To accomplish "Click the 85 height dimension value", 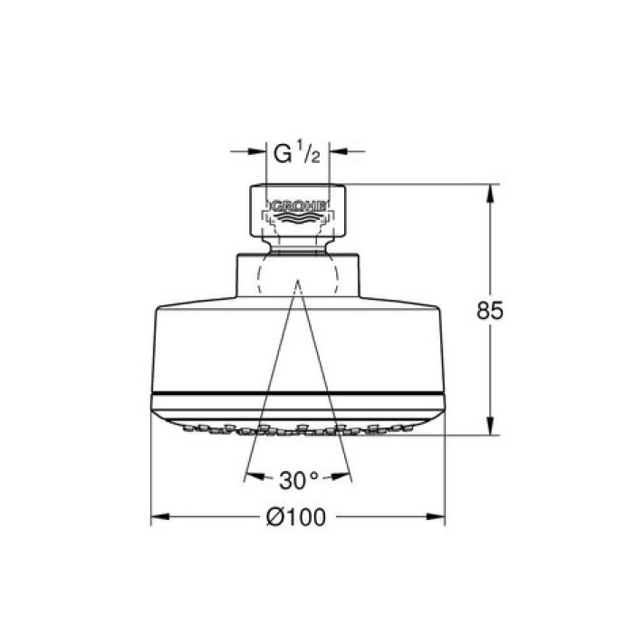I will coord(490,311).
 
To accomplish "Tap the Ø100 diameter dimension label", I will coord(297,518).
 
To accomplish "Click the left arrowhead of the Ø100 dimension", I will coord(156,518).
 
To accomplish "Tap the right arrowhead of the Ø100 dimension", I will coord(439,518).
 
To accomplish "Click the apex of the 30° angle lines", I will coord(296,282).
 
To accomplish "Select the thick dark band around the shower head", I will coord(296,397).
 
